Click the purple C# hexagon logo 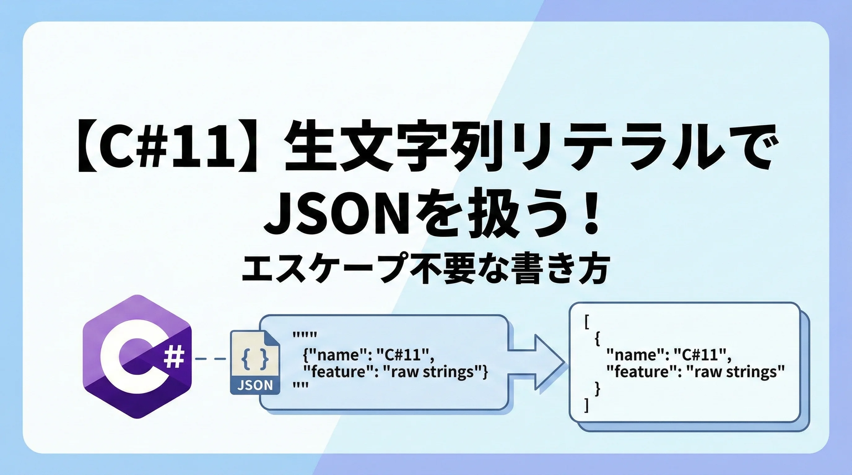(137, 357)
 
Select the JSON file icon (255, 362)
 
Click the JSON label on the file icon (255, 385)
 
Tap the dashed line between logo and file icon (211, 358)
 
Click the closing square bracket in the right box (586, 405)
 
